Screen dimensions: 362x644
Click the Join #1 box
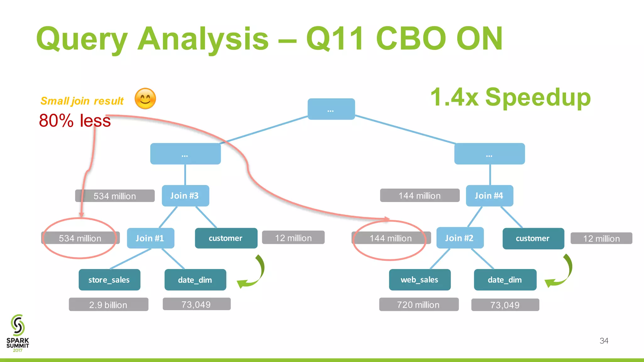coord(150,238)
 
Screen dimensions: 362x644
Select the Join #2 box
coord(460,238)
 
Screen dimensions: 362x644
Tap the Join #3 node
coord(185,196)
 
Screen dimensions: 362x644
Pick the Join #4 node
coord(489,196)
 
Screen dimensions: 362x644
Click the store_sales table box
coord(109,280)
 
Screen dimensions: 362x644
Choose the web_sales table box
coord(419,280)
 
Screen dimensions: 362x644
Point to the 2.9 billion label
coord(108,304)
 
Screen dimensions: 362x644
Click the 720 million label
coord(419,304)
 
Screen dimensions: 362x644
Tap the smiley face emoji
coord(145,99)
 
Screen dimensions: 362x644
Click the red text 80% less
coord(75,121)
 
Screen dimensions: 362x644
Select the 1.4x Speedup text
coord(510,97)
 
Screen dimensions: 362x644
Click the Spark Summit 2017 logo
coord(18,333)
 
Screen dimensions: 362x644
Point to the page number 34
coord(604,341)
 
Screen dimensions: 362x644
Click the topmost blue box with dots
coord(331,109)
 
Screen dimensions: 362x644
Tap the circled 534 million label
coord(80,238)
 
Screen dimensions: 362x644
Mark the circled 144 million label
coord(391,239)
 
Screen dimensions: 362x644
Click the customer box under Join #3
coord(226,238)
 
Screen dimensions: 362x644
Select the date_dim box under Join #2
coord(505,280)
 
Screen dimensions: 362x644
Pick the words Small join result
coord(82,101)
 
